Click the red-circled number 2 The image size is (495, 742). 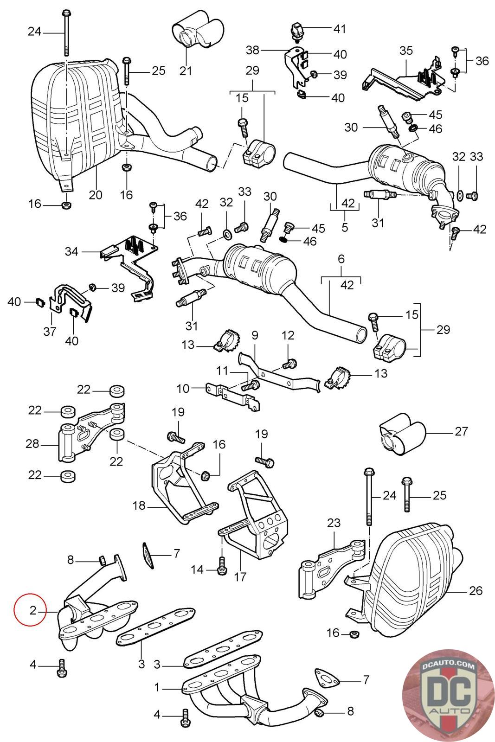(x=32, y=610)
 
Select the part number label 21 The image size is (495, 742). (x=186, y=71)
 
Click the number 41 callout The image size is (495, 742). (x=340, y=29)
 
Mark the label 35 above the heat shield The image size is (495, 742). (x=406, y=51)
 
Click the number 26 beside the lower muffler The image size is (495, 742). (x=476, y=590)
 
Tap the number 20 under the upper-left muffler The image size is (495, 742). (x=95, y=194)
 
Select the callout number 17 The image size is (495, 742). (x=240, y=577)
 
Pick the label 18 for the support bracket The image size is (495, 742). (x=139, y=505)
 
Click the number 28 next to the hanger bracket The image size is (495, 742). (x=32, y=444)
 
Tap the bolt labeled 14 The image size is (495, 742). (x=221, y=564)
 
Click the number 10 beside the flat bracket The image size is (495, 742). (x=183, y=388)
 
